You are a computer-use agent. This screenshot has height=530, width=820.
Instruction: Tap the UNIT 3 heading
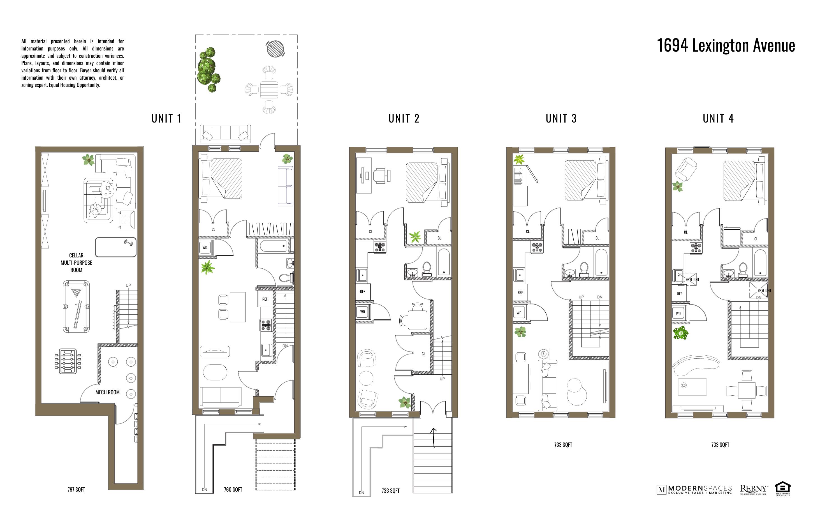561,119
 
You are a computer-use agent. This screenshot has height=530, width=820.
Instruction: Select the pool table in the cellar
76,306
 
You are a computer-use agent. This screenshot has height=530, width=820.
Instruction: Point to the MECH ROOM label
107,392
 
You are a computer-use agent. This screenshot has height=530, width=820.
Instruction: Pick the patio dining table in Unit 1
269,89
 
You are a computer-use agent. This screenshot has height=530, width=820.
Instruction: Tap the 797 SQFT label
76,489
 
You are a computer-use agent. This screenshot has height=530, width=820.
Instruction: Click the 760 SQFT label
233,489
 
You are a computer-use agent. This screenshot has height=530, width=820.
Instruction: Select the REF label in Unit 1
265,299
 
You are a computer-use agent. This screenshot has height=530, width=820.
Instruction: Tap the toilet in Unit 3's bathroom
584,269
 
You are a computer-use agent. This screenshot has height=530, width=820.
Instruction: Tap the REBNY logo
753,489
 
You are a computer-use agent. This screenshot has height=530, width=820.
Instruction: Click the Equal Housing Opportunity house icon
782,488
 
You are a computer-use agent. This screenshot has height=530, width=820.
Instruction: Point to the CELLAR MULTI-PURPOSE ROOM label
76,262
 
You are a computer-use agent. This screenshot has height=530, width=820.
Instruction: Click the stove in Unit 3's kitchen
537,247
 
